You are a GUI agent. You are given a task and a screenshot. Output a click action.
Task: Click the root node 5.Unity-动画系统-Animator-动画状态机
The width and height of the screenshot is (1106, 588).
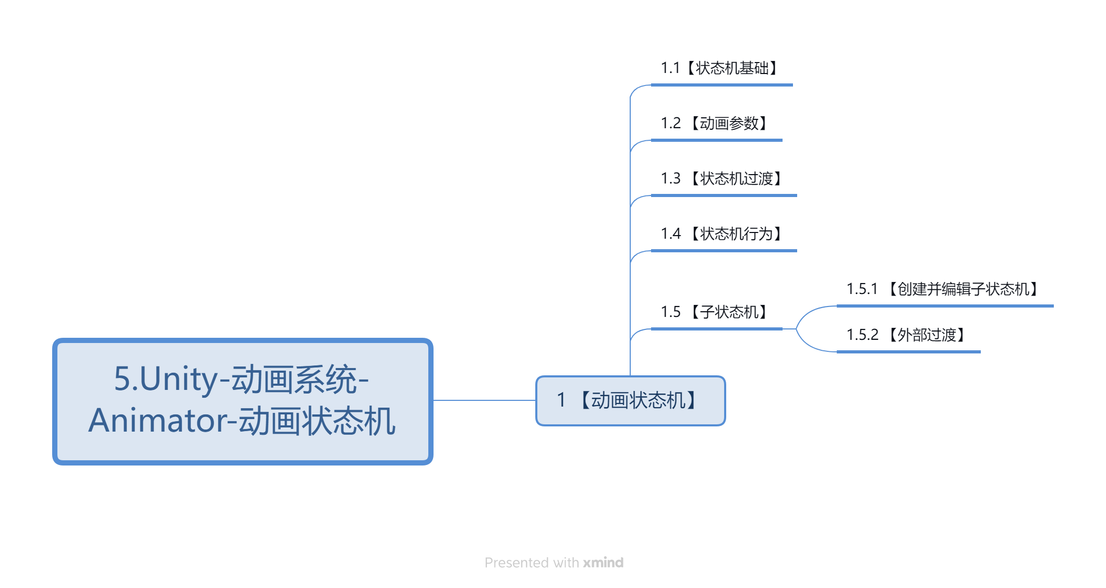pos(243,401)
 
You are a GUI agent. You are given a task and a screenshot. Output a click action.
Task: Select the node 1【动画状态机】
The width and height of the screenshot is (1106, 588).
pos(630,400)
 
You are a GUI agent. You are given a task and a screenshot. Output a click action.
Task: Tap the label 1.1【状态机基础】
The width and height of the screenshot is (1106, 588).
pos(719,68)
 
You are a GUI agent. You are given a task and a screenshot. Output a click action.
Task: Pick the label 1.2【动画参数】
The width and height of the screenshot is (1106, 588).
pos(714,123)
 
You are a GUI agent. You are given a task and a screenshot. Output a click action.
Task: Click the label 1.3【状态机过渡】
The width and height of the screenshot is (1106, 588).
pos(722,178)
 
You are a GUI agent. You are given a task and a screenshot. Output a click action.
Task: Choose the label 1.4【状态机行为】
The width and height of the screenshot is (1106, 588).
pos(722,234)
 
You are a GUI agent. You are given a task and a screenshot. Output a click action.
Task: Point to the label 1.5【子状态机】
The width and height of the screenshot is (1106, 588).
pos(714,312)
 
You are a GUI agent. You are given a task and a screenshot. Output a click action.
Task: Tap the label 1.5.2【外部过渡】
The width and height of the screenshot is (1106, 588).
pos(906,335)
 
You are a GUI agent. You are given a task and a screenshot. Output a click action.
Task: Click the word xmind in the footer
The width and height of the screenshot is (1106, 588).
pos(603,562)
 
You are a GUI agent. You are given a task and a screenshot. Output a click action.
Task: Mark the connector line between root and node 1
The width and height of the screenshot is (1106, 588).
pos(485,400)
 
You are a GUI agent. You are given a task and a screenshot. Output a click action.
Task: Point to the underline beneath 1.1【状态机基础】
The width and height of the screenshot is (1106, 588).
pos(722,85)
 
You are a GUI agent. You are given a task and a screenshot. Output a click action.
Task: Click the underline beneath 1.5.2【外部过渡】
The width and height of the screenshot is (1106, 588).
pos(908,352)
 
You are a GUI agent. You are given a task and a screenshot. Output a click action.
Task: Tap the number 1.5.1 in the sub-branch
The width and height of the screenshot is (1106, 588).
pos(862,289)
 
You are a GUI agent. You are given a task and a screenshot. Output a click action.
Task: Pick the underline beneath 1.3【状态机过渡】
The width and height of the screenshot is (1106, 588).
pos(724,195)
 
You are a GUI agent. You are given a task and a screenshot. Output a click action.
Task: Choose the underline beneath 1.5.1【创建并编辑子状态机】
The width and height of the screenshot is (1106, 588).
pos(945,306)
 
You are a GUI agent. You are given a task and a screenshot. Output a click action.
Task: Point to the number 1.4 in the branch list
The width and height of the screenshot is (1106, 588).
pos(670,234)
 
